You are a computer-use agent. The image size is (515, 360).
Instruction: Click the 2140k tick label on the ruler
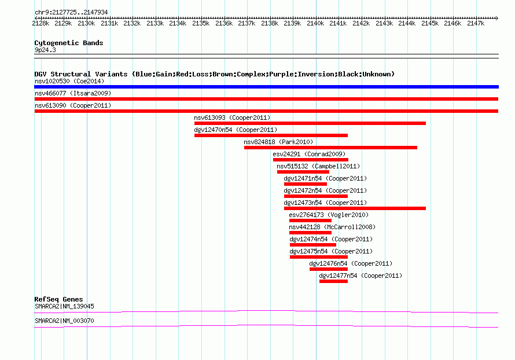(315, 23)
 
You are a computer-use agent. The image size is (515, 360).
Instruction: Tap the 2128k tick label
(41, 23)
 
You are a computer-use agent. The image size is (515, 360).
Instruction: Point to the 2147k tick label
(476, 23)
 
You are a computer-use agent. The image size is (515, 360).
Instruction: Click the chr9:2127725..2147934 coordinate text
(71, 13)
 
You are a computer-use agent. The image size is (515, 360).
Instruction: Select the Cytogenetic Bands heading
(69, 43)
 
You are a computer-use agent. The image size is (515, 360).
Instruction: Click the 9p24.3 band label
(45, 50)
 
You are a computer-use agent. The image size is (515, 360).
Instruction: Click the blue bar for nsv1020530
(266, 87)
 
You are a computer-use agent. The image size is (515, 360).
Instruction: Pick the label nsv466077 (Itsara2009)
(73, 93)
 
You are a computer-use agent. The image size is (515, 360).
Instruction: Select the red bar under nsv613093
(310, 123)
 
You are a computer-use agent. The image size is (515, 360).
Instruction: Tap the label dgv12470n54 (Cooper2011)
(236, 130)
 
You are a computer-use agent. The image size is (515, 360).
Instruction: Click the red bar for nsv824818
(331, 148)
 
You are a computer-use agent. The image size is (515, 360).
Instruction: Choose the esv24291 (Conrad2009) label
(309, 154)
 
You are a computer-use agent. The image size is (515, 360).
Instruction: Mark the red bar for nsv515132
(303, 172)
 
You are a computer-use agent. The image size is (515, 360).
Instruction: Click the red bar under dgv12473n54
(355, 208)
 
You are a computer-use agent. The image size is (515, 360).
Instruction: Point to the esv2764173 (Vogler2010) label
(329, 215)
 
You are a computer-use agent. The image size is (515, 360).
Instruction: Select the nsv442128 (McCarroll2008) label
(332, 227)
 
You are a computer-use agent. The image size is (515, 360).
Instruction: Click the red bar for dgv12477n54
(333, 281)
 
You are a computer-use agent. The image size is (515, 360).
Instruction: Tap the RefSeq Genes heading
(59, 299)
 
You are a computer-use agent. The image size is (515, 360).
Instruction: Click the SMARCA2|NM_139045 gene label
(64, 306)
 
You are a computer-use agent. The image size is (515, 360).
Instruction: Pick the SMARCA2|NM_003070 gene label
(64, 321)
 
